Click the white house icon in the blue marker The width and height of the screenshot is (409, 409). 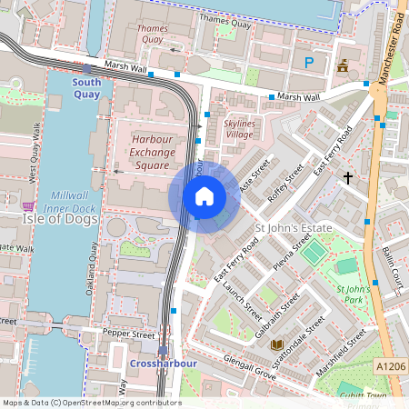[x=204, y=196]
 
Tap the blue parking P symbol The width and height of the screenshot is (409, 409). [x=309, y=63]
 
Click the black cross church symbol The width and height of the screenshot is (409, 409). [x=347, y=177]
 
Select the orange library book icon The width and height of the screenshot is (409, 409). [x=276, y=344]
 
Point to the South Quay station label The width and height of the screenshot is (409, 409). [x=87, y=87]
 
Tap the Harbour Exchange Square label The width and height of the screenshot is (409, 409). [x=152, y=152]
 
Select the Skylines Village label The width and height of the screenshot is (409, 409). [x=239, y=127]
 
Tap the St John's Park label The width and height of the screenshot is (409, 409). [x=352, y=294]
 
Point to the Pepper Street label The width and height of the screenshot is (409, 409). [x=129, y=334]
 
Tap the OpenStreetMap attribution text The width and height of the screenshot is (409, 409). [x=91, y=403]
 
